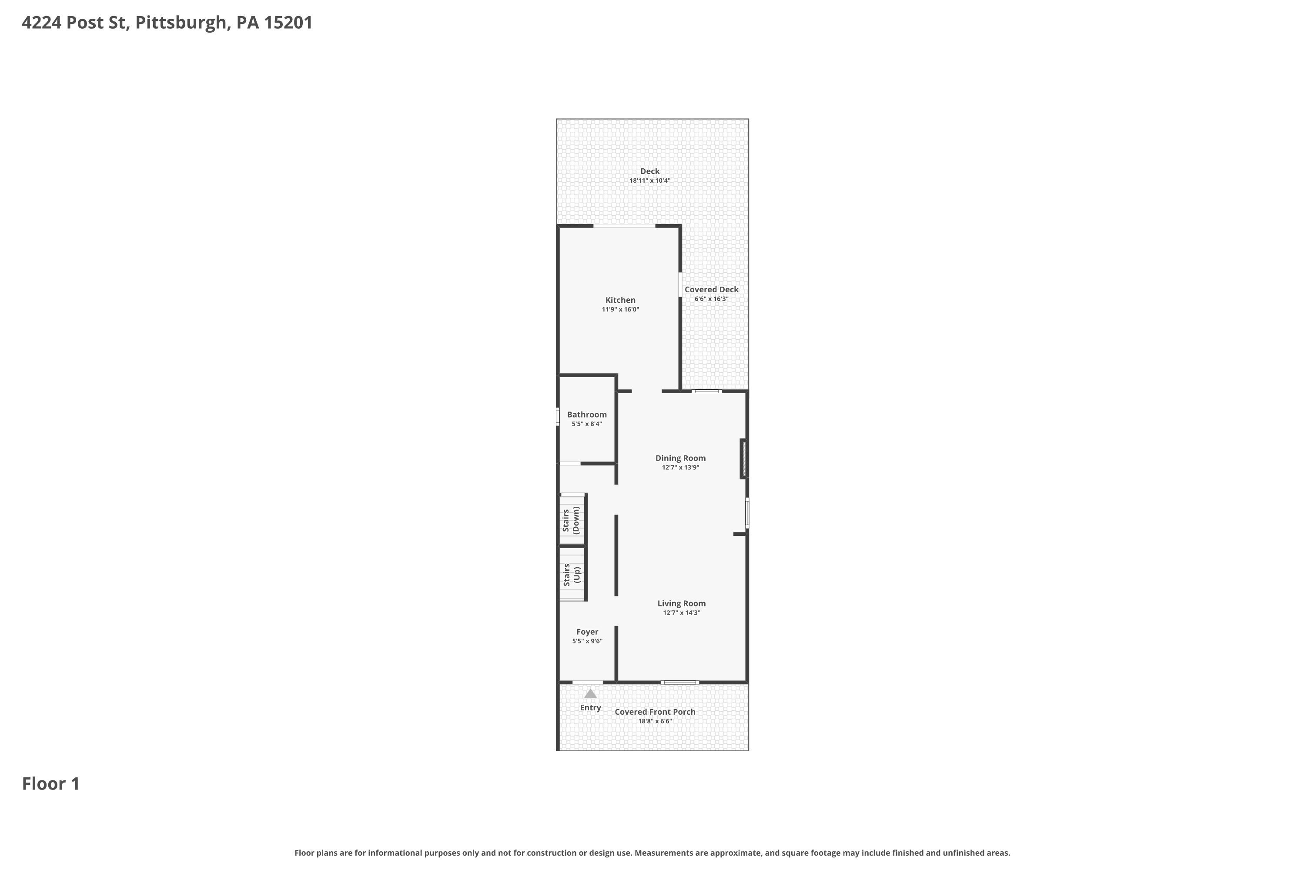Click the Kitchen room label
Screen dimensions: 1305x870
coord(620,300)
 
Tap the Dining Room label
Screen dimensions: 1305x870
coord(680,458)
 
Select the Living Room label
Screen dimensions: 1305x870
coord(681,604)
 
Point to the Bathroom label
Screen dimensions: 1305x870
coord(587,415)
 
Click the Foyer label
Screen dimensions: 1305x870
coord(587,632)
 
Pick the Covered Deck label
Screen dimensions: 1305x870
coord(711,290)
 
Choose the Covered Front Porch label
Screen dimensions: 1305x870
coord(655,712)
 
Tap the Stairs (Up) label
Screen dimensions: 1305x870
coord(572,575)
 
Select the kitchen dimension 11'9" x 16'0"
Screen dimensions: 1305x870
coord(620,310)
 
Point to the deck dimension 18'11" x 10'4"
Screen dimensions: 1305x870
coord(650,181)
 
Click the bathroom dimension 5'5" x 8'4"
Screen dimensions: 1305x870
coord(587,424)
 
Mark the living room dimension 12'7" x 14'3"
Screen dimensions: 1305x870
coord(681,613)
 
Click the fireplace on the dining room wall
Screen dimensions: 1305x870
coord(743,459)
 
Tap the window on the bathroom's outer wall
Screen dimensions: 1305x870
coord(558,417)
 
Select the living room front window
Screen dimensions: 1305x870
coord(679,683)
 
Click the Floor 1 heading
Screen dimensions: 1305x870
coord(51,784)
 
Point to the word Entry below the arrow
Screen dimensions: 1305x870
coord(590,708)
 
